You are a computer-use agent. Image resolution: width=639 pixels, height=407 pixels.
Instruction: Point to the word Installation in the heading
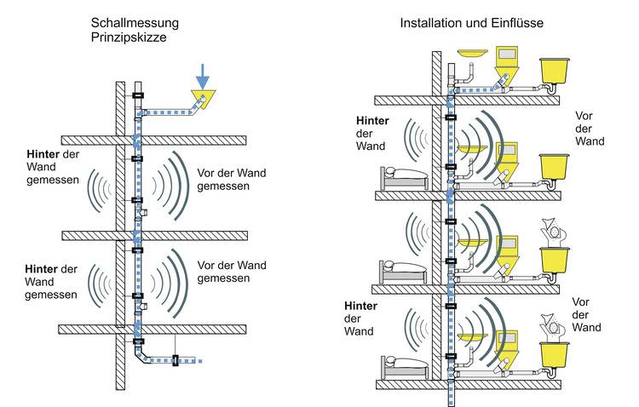pyautogui.click(x=429, y=22)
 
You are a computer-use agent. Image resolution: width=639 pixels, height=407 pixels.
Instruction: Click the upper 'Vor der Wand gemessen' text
pyautogui.click(x=231, y=179)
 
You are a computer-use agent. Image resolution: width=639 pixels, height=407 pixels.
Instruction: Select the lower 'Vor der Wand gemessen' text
pyautogui.click(x=231, y=270)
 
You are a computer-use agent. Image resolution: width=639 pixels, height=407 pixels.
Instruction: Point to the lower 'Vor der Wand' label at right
pyautogui.click(x=590, y=314)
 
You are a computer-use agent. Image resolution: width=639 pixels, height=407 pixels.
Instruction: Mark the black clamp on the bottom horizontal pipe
pyautogui.click(x=176, y=361)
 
